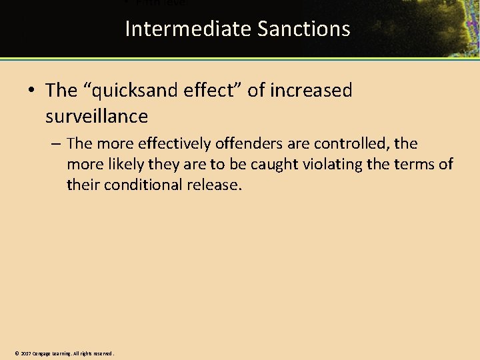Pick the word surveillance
point(97,117)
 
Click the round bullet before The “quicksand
point(33,91)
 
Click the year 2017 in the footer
point(25,353)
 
